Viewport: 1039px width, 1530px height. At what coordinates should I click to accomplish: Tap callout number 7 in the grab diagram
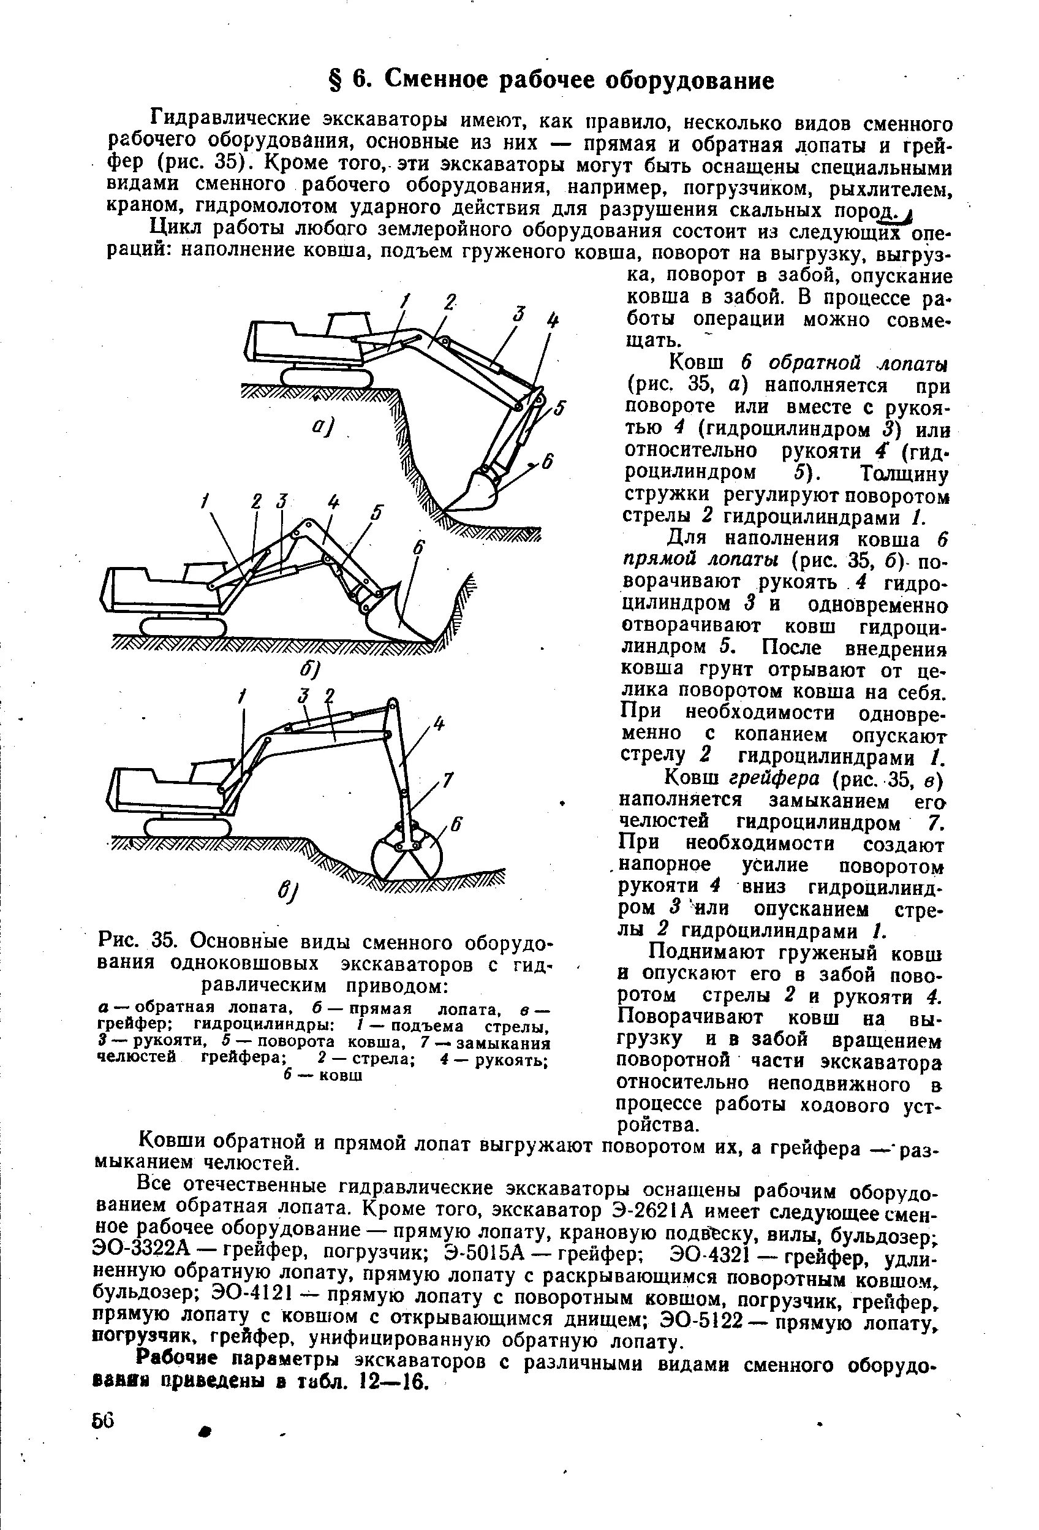(447, 780)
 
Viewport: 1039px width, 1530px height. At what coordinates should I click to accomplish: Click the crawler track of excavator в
(188, 828)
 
